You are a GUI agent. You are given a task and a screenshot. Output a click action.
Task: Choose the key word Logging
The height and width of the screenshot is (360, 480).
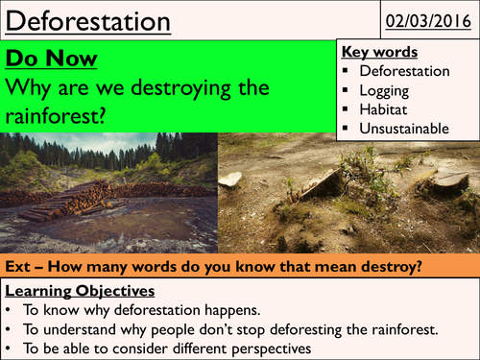pyautogui.click(x=387, y=91)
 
